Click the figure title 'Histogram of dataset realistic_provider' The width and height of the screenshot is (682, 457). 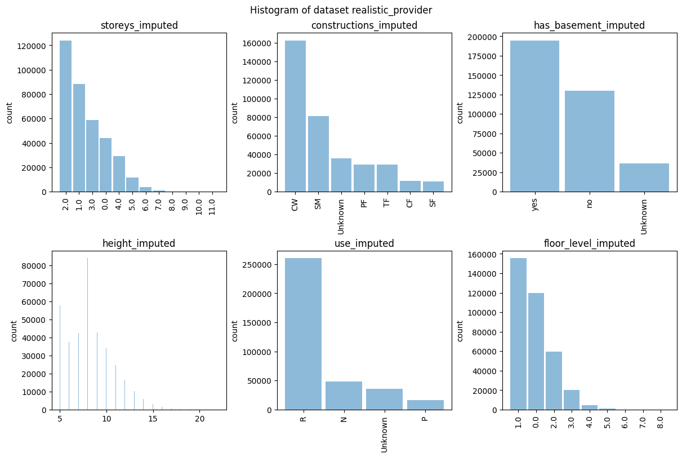click(x=341, y=10)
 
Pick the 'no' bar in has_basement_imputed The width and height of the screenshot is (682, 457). click(x=589, y=141)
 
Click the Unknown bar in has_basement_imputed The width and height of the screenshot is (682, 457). click(x=644, y=178)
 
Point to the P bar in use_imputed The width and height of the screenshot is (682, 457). click(x=425, y=405)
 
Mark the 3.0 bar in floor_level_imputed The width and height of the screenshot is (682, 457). click(x=572, y=400)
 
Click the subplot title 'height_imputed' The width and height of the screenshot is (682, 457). click(x=139, y=243)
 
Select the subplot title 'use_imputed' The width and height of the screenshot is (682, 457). click(x=364, y=243)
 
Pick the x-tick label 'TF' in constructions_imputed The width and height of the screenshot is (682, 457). click(x=387, y=203)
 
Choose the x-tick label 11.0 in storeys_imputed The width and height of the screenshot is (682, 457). click(x=212, y=206)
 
